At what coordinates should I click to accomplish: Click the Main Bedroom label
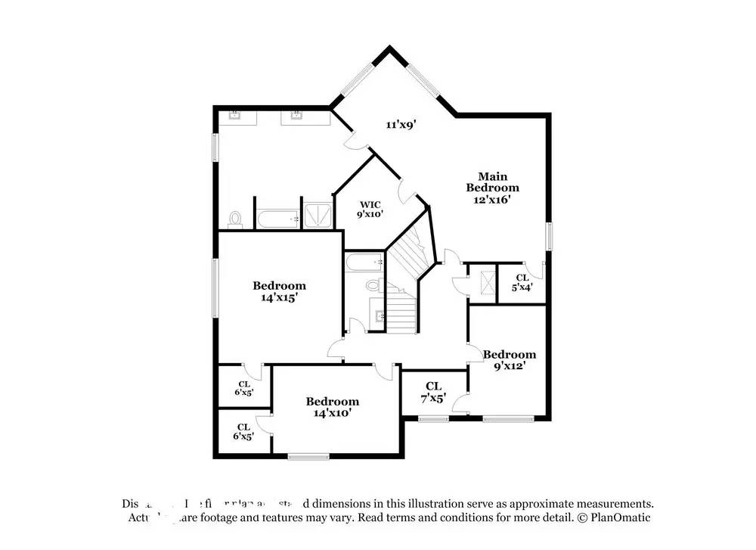[x=492, y=188]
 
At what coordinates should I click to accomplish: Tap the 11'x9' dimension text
[x=402, y=125]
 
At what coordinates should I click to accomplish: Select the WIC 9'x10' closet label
[x=370, y=209]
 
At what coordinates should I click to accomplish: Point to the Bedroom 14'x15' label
[x=279, y=291]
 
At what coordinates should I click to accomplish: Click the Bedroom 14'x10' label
[x=332, y=407]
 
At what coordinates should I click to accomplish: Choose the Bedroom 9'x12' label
[x=510, y=359]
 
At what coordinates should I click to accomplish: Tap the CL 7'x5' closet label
[x=433, y=391]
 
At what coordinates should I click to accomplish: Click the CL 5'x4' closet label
[x=522, y=282]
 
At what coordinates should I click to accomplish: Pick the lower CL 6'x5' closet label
[x=243, y=431]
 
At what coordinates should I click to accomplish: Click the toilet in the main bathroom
[x=234, y=219]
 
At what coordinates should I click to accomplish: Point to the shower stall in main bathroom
[x=317, y=214]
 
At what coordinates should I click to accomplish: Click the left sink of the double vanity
[x=235, y=116]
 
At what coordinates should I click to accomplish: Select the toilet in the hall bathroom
[x=373, y=286]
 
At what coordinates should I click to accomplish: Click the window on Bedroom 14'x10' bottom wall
[x=308, y=455]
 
